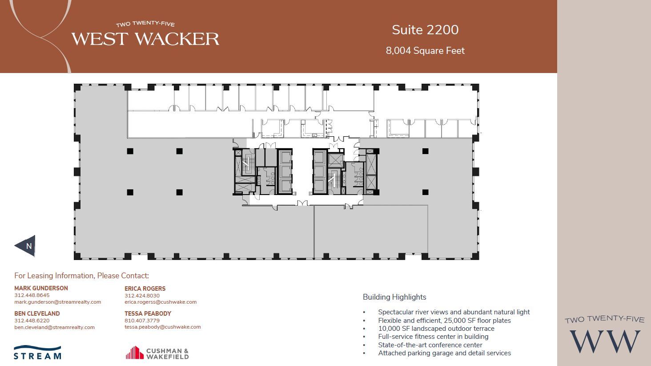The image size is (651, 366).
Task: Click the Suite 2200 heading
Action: (425, 30)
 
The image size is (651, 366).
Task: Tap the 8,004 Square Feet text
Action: (425, 51)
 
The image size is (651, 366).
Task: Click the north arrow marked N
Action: (26, 246)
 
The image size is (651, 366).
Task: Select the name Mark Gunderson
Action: (41, 288)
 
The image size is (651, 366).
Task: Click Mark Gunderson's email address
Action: (57, 302)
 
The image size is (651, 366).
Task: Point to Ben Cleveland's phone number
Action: (32, 321)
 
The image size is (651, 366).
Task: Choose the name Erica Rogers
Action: (145, 289)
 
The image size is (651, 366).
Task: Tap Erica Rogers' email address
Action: (160, 302)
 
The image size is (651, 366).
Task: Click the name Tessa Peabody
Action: (148, 313)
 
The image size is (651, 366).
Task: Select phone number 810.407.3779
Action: (142, 321)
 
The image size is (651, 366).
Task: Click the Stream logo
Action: (37, 352)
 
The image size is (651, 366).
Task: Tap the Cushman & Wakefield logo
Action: (157, 353)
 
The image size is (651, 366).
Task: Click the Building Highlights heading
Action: (394, 297)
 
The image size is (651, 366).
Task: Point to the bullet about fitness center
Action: (433, 337)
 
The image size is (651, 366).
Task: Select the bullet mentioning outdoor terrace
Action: (436, 329)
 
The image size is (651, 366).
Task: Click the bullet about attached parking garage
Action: (444, 353)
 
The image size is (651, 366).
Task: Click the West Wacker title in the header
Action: (145, 39)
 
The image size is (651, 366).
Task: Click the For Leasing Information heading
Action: (81, 276)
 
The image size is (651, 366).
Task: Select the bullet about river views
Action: (454, 312)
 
